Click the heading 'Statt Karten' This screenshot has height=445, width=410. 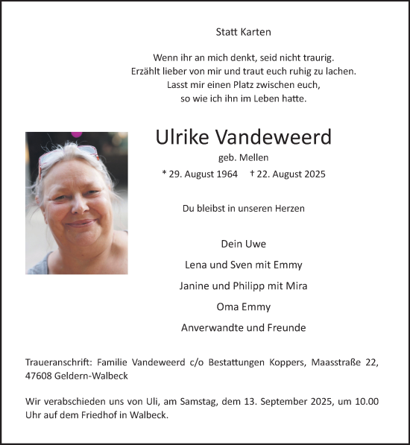pos(243,32)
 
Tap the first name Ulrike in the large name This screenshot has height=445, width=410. pos(183,137)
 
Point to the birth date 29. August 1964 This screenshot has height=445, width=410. pos(203,174)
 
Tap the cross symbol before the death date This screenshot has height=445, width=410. pos(252,173)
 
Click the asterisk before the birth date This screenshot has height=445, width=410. pos(164,173)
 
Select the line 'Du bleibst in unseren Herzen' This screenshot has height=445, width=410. pos(243,209)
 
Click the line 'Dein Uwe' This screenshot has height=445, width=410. pos(243,244)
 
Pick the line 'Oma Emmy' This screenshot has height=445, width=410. pos(243,306)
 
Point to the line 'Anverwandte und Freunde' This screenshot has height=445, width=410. pos(243,327)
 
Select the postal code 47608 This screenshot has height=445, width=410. pos(39,377)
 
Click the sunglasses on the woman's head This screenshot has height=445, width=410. pos(67,155)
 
